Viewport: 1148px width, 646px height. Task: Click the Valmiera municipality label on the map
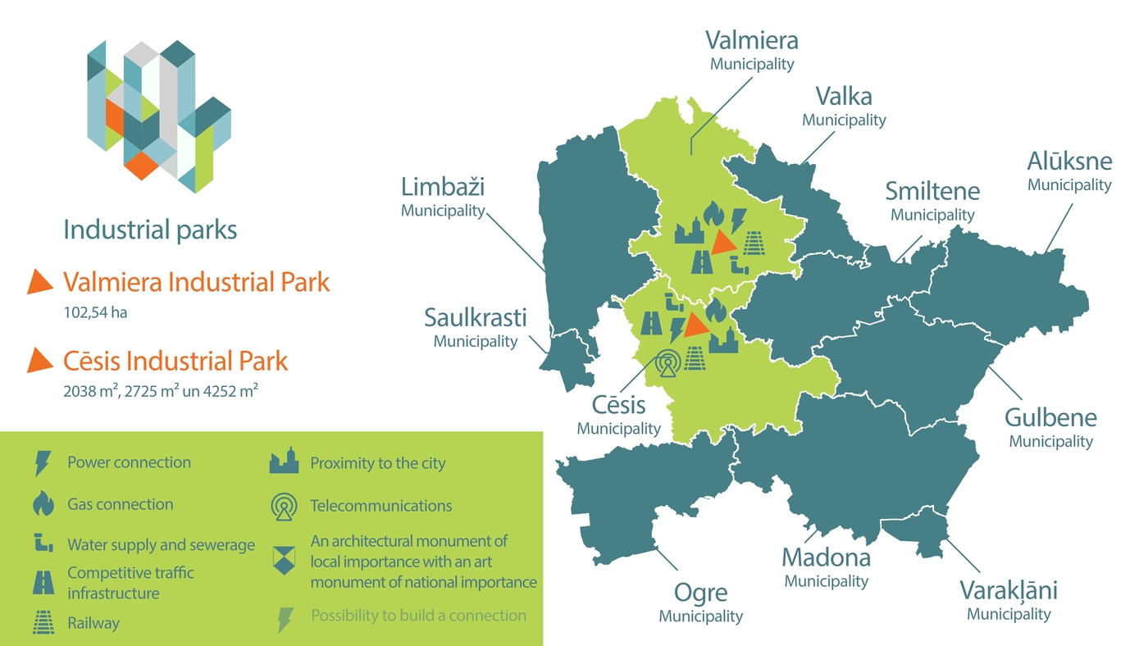click(752, 48)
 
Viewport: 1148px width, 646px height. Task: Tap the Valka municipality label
click(844, 106)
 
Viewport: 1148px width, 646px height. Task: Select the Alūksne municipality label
click(1069, 171)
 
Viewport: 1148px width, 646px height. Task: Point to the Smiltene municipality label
click(932, 201)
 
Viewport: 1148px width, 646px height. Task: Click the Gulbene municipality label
click(1050, 427)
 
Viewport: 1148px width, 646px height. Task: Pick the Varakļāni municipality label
click(1009, 599)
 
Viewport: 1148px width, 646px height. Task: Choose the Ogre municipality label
click(700, 602)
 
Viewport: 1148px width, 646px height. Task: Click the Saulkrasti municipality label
click(476, 326)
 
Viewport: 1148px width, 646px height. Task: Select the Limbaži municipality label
click(443, 197)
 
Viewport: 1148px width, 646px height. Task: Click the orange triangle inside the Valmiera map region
click(723, 242)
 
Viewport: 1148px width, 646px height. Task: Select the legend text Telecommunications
click(380, 506)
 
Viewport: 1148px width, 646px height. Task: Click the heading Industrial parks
click(150, 230)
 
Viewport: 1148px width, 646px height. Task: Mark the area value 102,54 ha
click(95, 312)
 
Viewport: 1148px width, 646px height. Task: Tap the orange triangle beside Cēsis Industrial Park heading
click(39, 360)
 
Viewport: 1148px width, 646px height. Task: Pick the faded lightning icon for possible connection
click(285, 619)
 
